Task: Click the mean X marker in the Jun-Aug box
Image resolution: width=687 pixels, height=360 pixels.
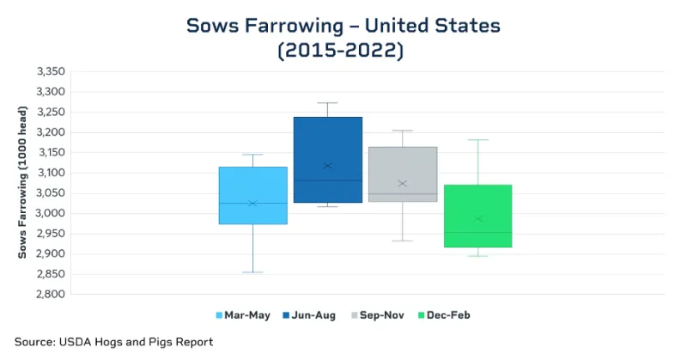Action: point(327,165)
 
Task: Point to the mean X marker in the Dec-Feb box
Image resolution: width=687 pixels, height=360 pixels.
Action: point(478,219)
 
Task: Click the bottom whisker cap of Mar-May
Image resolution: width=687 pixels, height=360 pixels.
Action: point(252,272)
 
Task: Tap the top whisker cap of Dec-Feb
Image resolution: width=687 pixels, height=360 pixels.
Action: point(478,139)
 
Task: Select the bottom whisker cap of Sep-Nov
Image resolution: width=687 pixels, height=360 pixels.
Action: point(403,241)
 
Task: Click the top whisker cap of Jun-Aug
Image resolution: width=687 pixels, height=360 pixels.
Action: point(327,103)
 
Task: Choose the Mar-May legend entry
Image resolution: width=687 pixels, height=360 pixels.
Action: point(243,315)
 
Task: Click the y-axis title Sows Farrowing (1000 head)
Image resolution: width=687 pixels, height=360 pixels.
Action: point(23,182)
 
